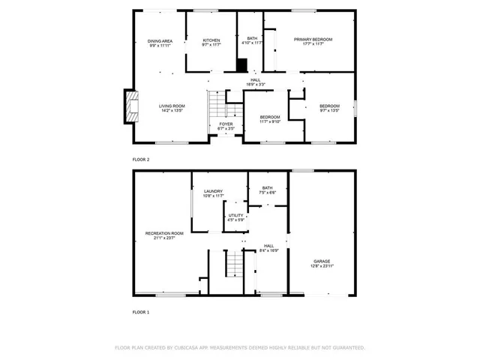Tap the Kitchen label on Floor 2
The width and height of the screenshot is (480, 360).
pos(211,43)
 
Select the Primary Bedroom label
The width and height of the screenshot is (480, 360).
pos(313,41)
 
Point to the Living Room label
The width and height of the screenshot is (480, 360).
pos(171,108)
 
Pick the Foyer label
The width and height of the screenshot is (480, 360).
pos(226,126)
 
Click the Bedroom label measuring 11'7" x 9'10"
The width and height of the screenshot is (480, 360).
pos(270,118)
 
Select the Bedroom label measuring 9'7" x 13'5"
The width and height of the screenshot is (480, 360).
pos(329,108)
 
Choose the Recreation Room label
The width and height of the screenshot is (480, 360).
pos(164,235)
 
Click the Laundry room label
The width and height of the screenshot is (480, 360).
pos(214,193)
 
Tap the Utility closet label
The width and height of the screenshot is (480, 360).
pos(236,217)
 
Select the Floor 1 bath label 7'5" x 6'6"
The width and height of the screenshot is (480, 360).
pos(268,190)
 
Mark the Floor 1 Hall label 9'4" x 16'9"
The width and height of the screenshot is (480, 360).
pos(268,247)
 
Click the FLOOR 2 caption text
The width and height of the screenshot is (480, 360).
pos(141,160)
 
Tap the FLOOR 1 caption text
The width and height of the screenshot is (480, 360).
pos(141,311)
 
